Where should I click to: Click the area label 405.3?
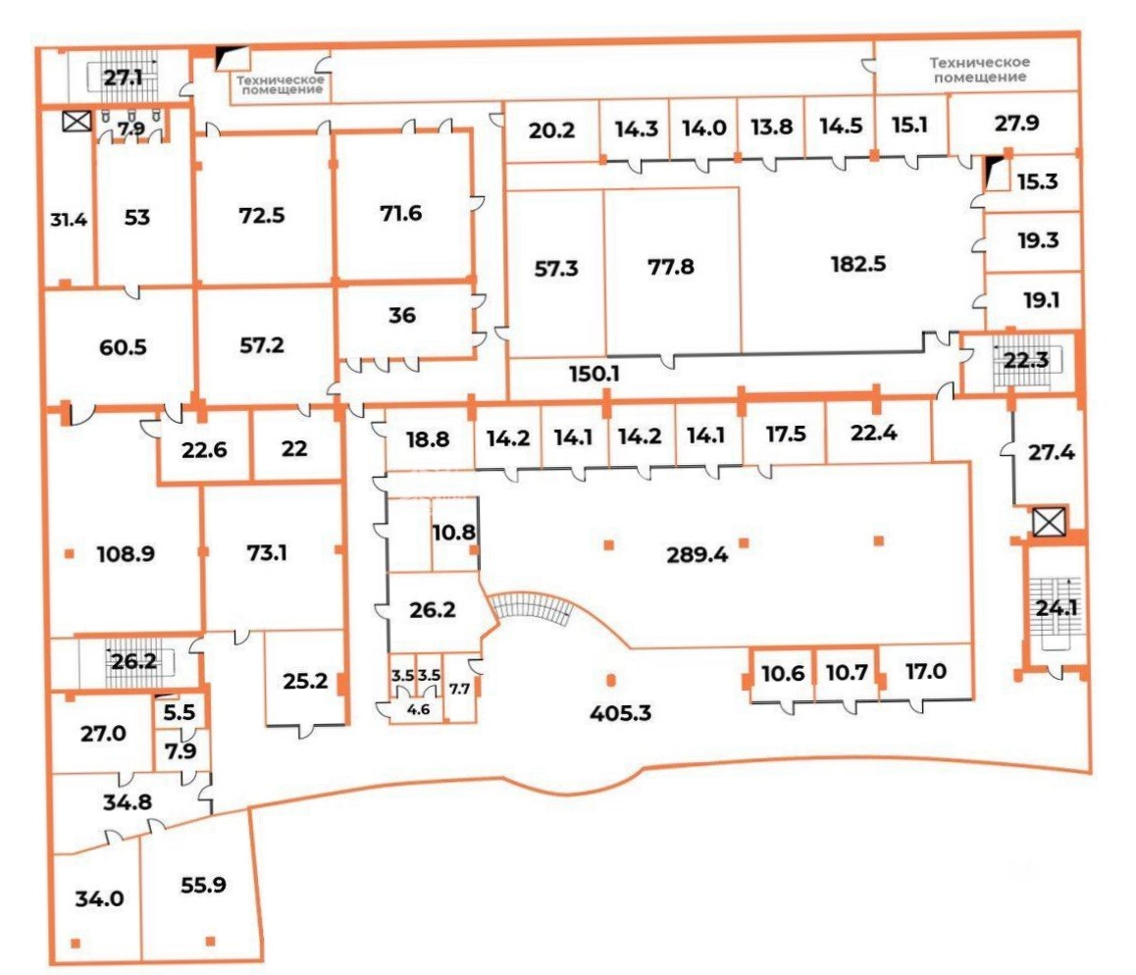pyautogui.click(x=620, y=713)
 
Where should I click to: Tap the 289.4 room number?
pyautogui.click(x=697, y=555)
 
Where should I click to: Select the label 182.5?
pyautogui.click(x=857, y=264)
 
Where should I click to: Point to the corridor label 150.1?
pyautogui.click(x=594, y=374)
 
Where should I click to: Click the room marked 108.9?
pyautogui.click(x=126, y=554)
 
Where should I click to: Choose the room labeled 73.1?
pyautogui.click(x=267, y=553)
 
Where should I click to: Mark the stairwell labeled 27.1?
pyautogui.click(x=123, y=77)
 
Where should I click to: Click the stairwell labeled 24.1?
pyautogui.click(x=1057, y=608)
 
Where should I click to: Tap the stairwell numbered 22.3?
pyautogui.click(x=1025, y=359)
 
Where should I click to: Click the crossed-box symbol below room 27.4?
pyautogui.click(x=1049, y=522)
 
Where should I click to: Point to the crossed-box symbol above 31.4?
pyautogui.click(x=77, y=121)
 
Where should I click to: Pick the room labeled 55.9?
pyautogui.click(x=203, y=885)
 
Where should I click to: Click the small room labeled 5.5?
pyautogui.click(x=179, y=713)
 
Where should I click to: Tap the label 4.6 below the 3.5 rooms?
pyautogui.click(x=418, y=710)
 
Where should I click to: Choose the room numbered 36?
pyautogui.click(x=402, y=315)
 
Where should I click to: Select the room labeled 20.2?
pyautogui.click(x=551, y=130)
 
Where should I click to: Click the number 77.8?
pyautogui.click(x=671, y=267)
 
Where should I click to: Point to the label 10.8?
pyautogui.click(x=453, y=534)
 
